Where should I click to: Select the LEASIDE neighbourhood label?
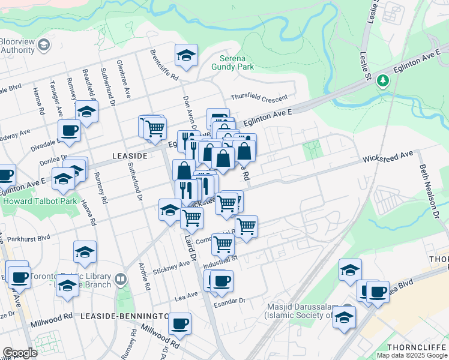pos(130,155)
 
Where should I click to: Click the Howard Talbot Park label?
pos(40,202)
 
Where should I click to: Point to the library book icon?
pos(121,279)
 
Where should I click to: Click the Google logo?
pos(20,353)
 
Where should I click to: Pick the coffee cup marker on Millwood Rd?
pos(179,325)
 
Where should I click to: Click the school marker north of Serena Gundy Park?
pos(187,56)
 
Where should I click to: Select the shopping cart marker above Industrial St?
pos(223,244)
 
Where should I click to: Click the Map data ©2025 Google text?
pos(411,355)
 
